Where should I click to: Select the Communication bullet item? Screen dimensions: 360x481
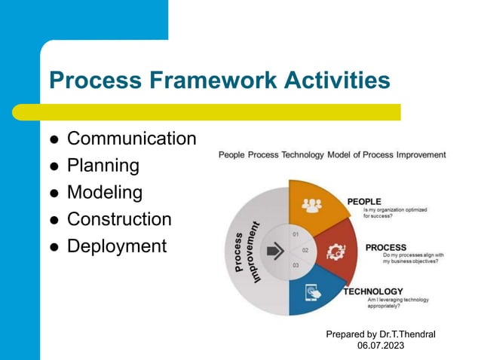click(x=131, y=139)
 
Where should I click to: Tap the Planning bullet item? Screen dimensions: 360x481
click(x=103, y=166)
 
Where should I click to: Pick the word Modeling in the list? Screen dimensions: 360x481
click(x=104, y=193)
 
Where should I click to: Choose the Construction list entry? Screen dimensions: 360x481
click(x=119, y=220)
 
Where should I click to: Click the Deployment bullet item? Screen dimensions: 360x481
click(x=116, y=246)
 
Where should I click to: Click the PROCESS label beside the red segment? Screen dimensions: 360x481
click(x=386, y=247)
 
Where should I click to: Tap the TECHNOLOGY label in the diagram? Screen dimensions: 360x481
click(x=373, y=291)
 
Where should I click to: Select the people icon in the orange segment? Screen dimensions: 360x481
click(x=311, y=204)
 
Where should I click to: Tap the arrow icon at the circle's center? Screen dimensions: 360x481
click(x=276, y=252)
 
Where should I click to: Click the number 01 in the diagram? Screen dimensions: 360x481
click(x=296, y=233)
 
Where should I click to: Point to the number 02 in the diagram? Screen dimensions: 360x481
click(x=305, y=249)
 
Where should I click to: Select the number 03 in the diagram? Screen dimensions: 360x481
click(x=296, y=265)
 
